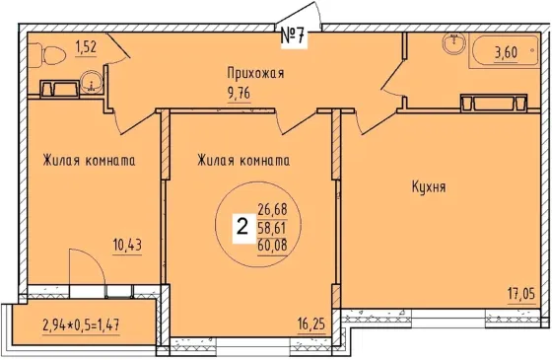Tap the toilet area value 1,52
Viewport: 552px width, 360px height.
(86, 46)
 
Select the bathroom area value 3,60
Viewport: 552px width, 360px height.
(506, 52)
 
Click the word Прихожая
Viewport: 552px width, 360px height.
(255, 74)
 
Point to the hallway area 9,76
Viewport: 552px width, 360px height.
(239, 94)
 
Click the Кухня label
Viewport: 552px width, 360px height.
(429, 186)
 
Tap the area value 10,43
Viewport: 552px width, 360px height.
(127, 245)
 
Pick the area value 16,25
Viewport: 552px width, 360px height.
(311, 324)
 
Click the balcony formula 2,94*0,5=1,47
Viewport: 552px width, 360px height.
(81, 325)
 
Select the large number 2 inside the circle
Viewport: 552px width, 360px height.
(241, 227)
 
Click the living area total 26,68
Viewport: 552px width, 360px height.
(272, 210)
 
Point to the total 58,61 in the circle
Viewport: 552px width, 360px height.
(272, 227)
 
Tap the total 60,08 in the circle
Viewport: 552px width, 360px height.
(272, 245)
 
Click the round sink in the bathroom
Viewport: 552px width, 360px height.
(453, 41)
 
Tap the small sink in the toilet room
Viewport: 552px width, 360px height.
(91, 82)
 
